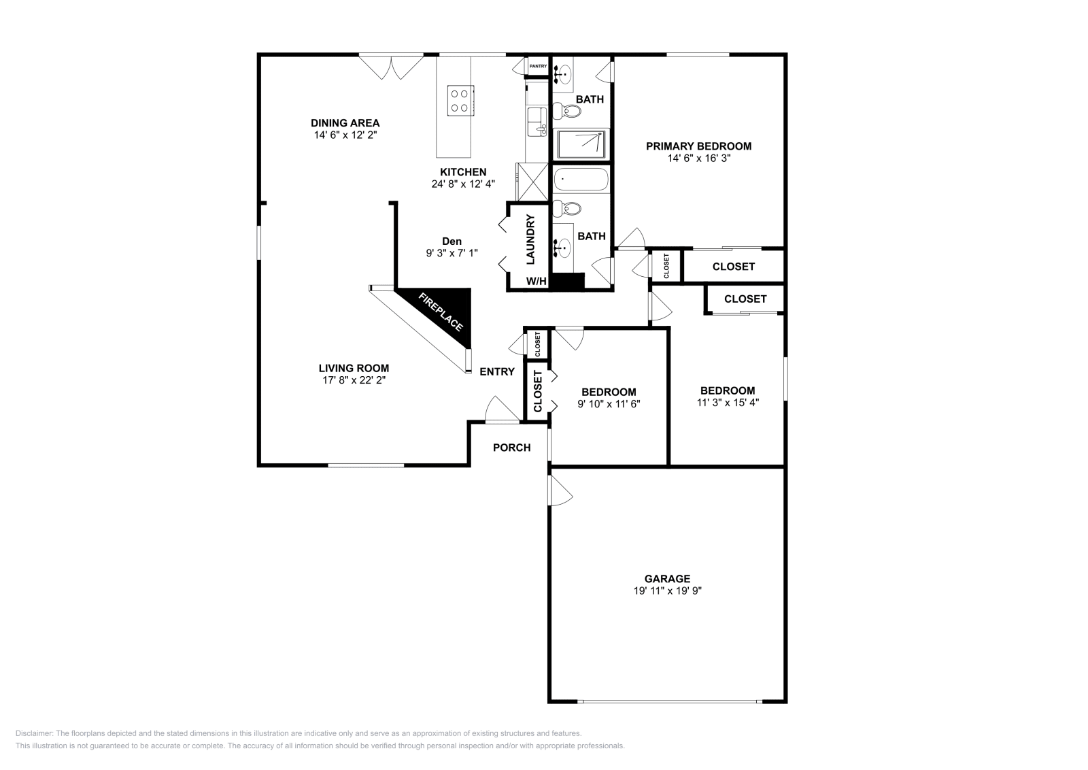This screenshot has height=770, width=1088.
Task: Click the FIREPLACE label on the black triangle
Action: pyautogui.click(x=441, y=312)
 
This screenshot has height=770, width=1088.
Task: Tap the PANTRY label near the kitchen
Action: pyautogui.click(x=538, y=66)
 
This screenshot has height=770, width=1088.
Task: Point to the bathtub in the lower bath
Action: pyautogui.click(x=581, y=180)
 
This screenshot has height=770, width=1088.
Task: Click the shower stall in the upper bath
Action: pyautogui.click(x=581, y=144)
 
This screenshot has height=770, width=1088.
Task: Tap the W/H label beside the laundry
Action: pyautogui.click(x=536, y=282)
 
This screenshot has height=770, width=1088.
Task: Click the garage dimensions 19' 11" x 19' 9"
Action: pyautogui.click(x=667, y=591)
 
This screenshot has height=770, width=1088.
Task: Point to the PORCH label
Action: pyautogui.click(x=511, y=447)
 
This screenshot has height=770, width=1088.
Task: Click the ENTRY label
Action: pyautogui.click(x=497, y=371)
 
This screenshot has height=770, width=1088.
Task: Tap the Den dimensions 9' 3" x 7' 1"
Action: pyautogui.click(x=452, y=253)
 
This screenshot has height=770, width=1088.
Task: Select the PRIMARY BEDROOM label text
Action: pyautogui.click(x=698, y=146)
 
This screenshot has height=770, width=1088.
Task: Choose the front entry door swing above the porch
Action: pyautogui.click(x=501, y=410)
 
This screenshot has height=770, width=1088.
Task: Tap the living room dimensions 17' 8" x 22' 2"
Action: pyautogui.click(x=354, y=380)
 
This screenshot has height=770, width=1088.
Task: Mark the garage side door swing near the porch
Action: pyautogui.click(x=560, y=491)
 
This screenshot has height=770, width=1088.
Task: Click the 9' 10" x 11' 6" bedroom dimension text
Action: pyautogui.click(x=609, y=403)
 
